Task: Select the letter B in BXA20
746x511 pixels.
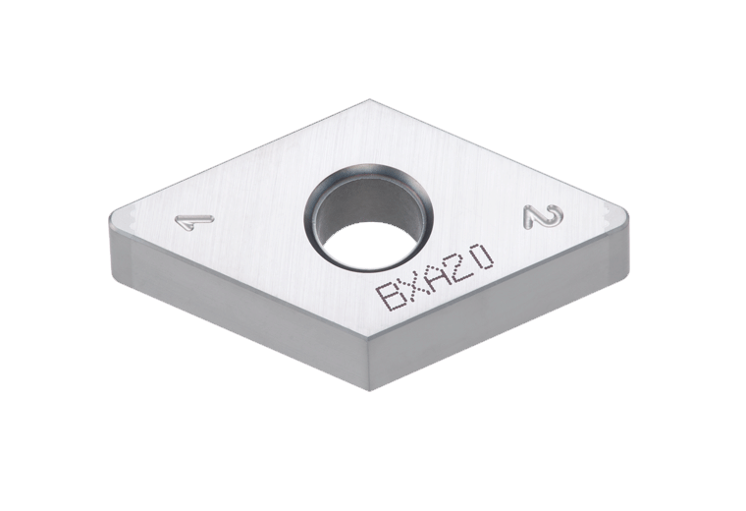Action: point(391,296)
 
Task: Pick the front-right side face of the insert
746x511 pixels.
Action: point(501,314)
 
